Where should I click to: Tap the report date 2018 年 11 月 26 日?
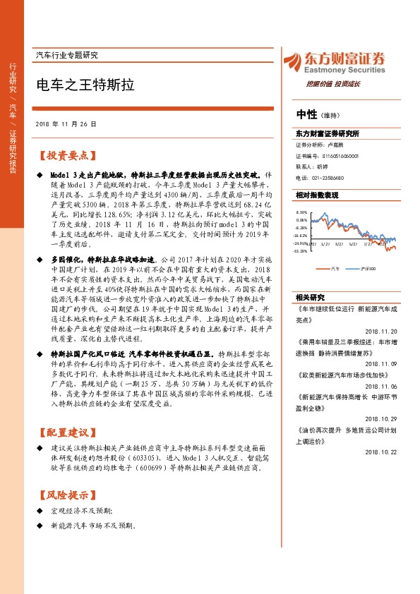pos(66,123)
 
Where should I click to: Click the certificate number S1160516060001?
pos(341,156)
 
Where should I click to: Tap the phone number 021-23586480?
pos(329,178)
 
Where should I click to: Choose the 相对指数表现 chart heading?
pos(318,195)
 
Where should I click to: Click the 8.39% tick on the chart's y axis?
pos(302,212)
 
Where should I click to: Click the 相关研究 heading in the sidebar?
pos(311,297)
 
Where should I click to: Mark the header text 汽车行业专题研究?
pos(66,55)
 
